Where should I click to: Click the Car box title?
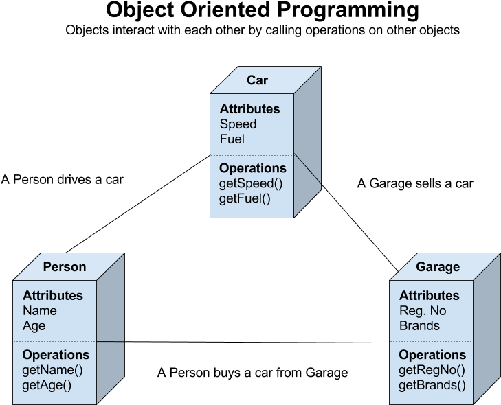click(x=257, y=80)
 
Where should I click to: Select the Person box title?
click(x=65, y=267)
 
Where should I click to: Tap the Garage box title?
click(x=438, y=267)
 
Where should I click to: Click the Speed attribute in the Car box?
click(x=238, y=124)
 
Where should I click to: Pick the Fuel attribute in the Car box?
click(x=232, y=139)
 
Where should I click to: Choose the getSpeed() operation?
click(x=251, y=183)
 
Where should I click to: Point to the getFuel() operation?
click(x=245, y=198)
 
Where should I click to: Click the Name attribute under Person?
click(x=40, y=311)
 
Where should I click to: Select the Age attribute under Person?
click(x=34, y=326)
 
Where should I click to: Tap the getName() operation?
click(x=52, y=370)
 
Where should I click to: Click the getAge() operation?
click(x=47, y=385)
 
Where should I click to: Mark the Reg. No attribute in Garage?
click(x=423, y=311)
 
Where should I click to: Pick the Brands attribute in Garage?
click(x=419, y=326)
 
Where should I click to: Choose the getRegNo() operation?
click(x=432, y=370)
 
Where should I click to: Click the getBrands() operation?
click(x=432, y=385)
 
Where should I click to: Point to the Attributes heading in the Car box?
click(x=249, y=109)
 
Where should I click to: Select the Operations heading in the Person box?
click(x=56, y=355)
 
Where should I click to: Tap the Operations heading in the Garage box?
click(x=432, y=355)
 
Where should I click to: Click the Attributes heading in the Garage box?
click(x=429, y=296)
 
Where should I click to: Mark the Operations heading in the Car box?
click(x=253, y=168)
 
